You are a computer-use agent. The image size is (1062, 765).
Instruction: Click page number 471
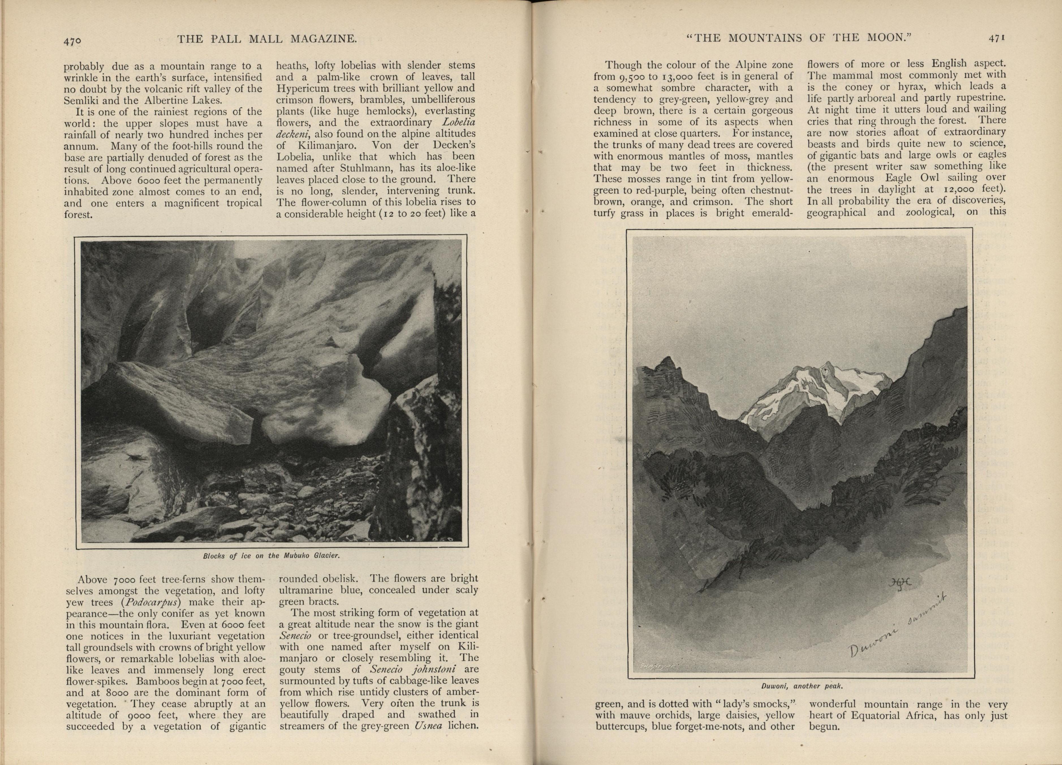(x=996, y=38)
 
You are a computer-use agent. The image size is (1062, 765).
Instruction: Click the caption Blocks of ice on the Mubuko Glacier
(x=271, y=556)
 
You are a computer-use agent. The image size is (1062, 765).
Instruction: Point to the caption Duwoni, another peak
(x=802, y=686)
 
